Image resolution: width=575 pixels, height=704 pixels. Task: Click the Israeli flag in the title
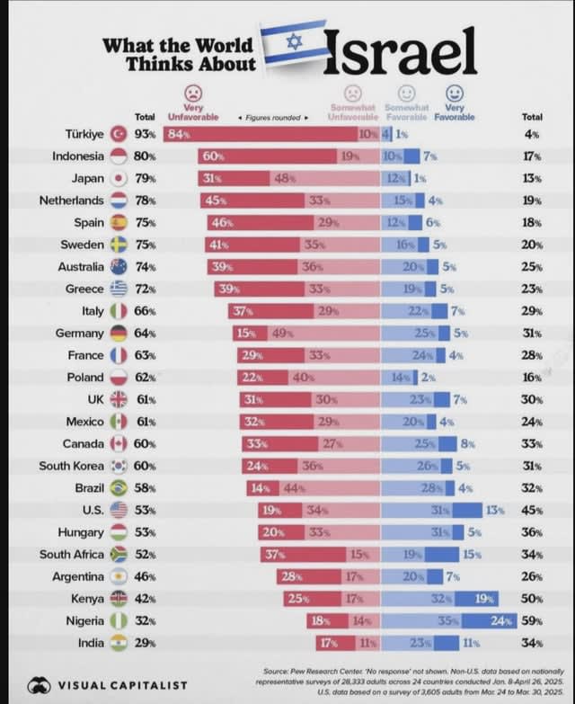pos(294,42)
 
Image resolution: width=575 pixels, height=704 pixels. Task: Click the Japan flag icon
pos(118,178)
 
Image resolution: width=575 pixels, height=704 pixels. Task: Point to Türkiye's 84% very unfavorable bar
pos(260,134)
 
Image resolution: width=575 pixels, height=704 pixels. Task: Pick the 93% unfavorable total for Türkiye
pos(144,134)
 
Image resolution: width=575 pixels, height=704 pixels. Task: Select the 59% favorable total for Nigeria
pos(532,620)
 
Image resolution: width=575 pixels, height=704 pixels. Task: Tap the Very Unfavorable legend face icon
pos(193,93)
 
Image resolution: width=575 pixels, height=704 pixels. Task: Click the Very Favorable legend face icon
pos(455,93)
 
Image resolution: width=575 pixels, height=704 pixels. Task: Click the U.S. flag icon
pos(118,511)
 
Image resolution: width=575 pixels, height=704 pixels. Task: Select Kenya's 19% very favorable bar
pos(482,599)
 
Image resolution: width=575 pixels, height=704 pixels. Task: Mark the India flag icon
pos(118,643)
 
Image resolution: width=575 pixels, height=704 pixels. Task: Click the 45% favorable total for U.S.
pos(532,511)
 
